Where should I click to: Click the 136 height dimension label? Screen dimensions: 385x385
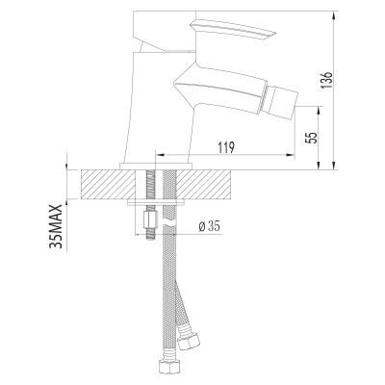[328, 81]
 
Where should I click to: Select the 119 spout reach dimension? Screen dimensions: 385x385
[227, 148]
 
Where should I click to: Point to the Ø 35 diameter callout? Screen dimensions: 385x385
[209, 227]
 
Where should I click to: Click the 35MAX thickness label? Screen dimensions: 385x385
[56, 226]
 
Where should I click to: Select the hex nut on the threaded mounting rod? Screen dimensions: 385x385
[150, 219]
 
